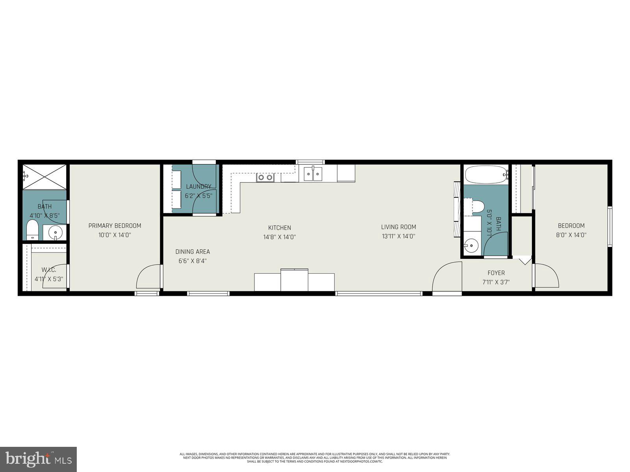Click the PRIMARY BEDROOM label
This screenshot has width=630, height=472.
click(115, 226)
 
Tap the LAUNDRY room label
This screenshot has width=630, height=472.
click(198, 186)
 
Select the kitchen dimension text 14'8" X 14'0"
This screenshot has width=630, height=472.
click(280, 237)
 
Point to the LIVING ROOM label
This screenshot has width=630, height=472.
click(398, 227)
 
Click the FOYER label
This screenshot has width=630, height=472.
click(496, 273)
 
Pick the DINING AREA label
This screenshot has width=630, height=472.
click(193, 252)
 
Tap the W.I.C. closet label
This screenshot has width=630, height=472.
click(49, 270)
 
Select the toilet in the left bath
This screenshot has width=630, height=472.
click(32, 230)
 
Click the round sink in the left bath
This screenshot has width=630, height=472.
click(55, 233)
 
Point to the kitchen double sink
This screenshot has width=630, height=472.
click(313, 173)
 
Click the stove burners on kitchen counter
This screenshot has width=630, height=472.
click(265, 177)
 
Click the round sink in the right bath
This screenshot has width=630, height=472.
click(471, 246)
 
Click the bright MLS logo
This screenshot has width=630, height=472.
click(39, 458)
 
